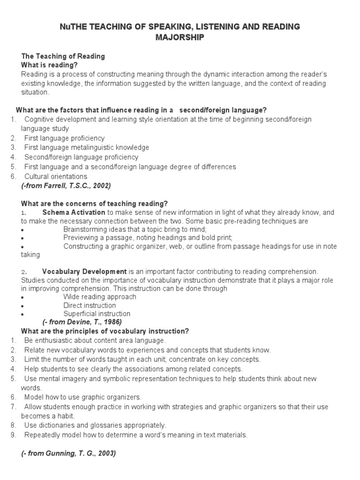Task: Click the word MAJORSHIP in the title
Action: [180, 37]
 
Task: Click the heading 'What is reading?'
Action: [49, 65]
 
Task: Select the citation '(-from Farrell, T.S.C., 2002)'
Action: [66, 186]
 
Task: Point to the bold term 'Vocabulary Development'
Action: [84, 271]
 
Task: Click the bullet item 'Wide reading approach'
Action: [100, 297]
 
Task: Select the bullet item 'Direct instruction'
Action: [90, 306]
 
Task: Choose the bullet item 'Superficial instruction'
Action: [97, 314]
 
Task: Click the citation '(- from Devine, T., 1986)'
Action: [82, 322]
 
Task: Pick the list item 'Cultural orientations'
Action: [56, 177]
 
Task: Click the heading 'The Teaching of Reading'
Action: [63, 56]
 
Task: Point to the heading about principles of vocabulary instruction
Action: [105, 331]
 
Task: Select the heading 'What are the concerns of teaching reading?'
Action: [94, 203]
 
